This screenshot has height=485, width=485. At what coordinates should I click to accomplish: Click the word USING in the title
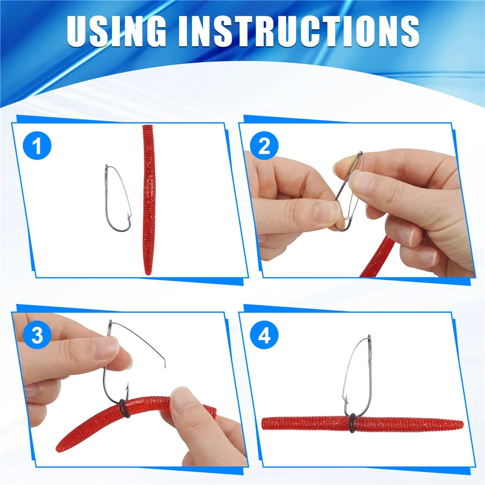coord(116,31)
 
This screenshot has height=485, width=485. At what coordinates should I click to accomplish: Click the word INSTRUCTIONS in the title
coord(299,31)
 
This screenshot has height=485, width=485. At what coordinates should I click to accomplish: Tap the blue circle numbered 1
coord(37,145)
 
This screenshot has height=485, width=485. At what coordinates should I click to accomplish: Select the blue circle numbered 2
coord(264,145)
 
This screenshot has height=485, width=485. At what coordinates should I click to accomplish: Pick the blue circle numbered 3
coord(37,335)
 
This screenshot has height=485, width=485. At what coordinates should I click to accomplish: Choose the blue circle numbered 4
coord(264,335)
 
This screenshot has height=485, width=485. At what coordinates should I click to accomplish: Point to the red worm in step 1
coord(148,200)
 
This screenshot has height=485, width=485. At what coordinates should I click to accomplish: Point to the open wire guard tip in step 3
coord(165,365)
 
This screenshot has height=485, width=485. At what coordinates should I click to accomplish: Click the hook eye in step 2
coord(360,154)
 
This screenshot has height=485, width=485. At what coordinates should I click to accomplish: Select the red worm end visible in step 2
coord(378,257)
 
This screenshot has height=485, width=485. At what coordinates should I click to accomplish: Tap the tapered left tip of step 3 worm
coord(58,448)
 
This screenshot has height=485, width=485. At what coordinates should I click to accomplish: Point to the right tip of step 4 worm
coord(462,424)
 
